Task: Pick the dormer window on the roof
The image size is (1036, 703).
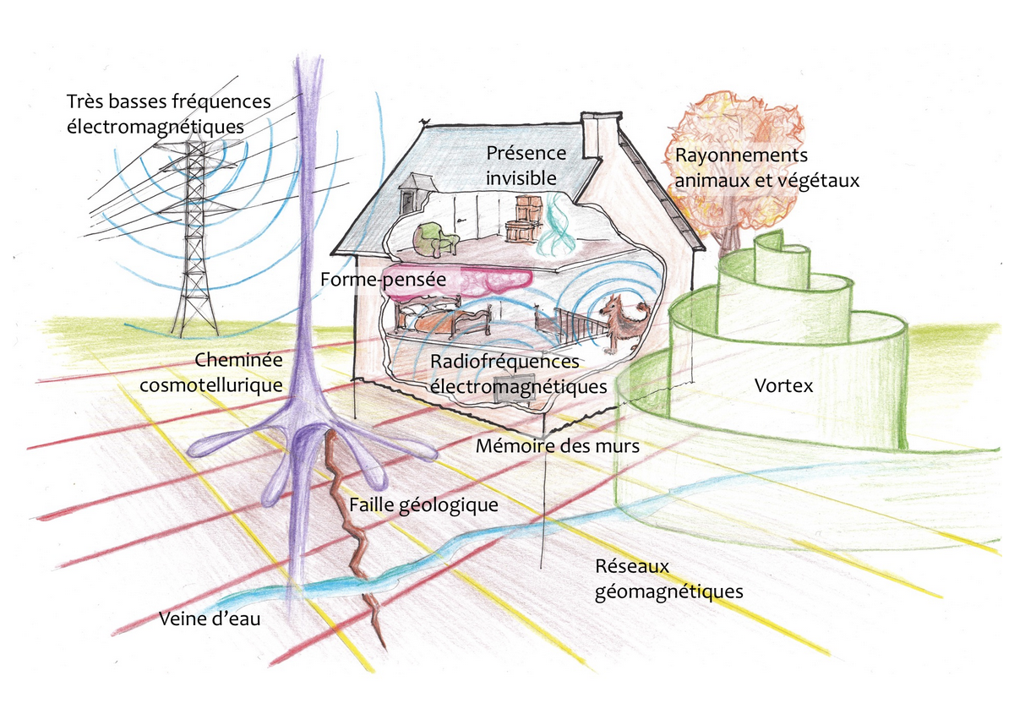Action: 413,193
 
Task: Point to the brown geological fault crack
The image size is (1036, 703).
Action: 351,524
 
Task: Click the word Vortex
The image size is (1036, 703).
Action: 782,386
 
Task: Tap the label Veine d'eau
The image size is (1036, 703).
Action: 210,619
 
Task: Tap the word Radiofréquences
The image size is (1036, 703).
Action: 504,361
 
